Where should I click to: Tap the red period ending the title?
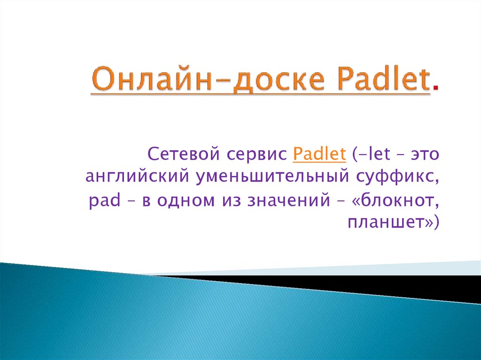coord(435,88)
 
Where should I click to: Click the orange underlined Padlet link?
coord(319,153)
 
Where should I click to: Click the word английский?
coord(137,177)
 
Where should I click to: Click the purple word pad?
coord(104,201)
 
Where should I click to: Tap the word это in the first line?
coord(425,154)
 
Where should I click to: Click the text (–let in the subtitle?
coord(372,153)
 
